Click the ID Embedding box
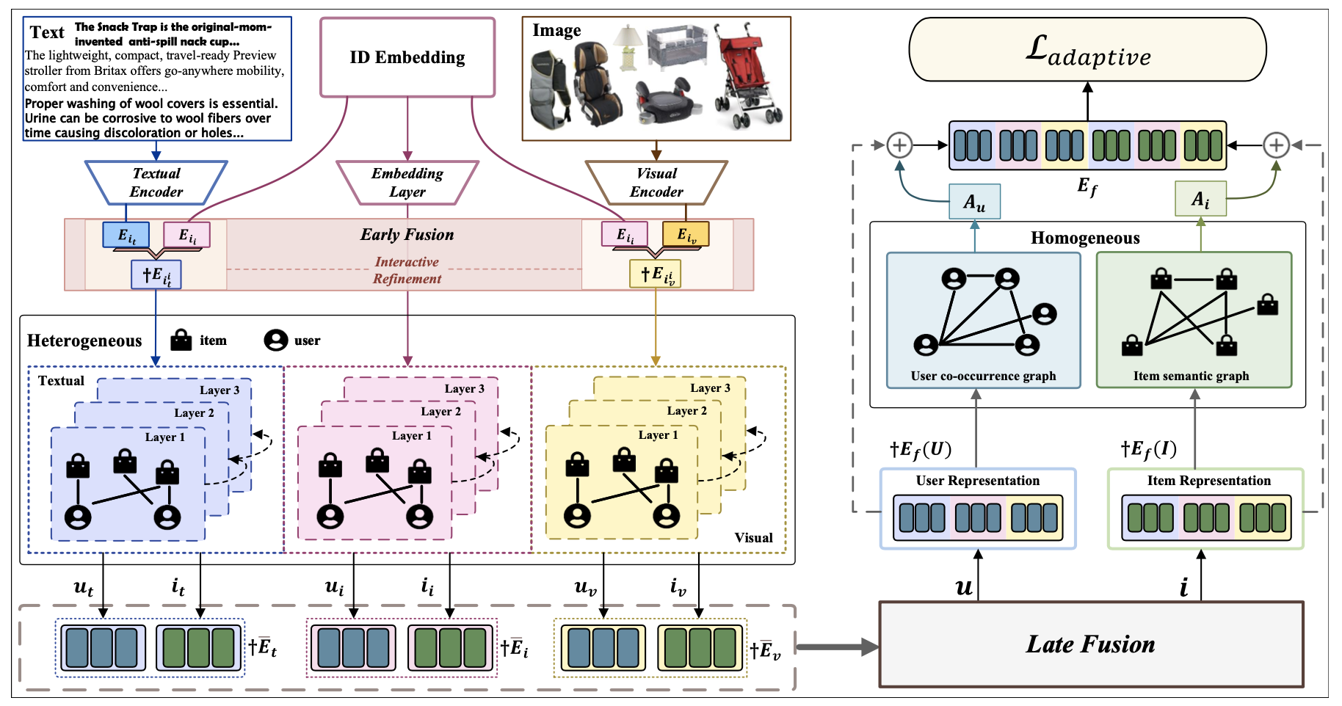click(407, 57)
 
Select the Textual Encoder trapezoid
click(156, 183)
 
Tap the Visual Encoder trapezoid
click(656, 183)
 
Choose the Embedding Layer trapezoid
click(407, 183)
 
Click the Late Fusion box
click(1091, 644)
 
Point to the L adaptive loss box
click(1087, 49)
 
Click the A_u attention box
click(974, 202)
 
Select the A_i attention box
click(1200, 199)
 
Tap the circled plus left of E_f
click(899, 145)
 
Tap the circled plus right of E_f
click(1276, 145)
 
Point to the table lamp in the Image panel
click(628, 47)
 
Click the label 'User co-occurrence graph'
click(983, 376)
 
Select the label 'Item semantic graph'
click(1191, 376)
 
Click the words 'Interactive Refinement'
click(407, 270)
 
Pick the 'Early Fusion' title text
click(407, 235)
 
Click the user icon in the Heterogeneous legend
click(275, 341)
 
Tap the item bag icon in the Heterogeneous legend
click(181, 340)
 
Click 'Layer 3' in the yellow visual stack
click(710, 388)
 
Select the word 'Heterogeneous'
click(84, 341)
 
